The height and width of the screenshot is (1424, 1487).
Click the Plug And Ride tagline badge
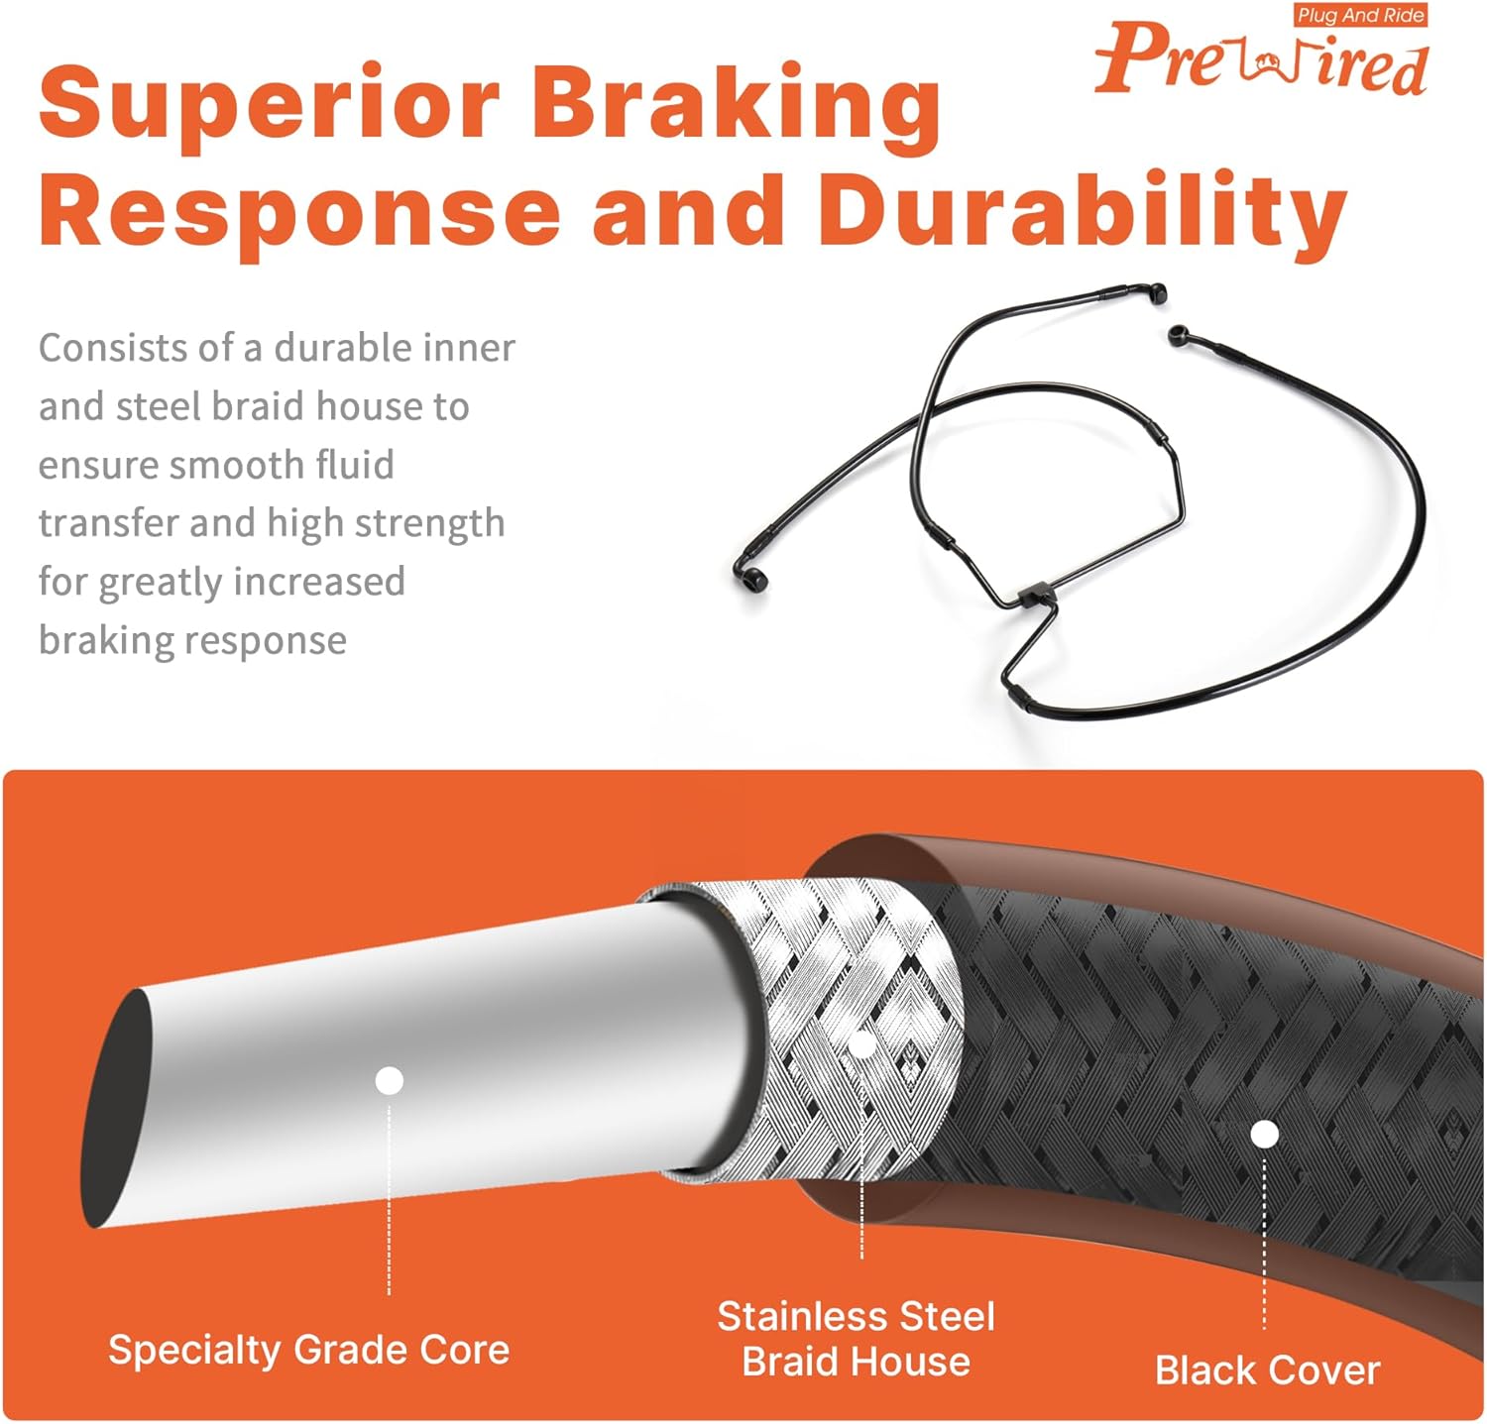coord(1360,15)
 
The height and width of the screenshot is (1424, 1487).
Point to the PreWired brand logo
coord(1261,60)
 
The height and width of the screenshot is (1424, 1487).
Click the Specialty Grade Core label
coord(308,1350)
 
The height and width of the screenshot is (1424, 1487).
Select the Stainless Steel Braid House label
coord(856,1339)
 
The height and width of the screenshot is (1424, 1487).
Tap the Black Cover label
coord(1267,1370)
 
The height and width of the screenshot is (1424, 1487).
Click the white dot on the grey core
coord(390,1080)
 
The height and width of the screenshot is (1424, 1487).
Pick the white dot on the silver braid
coord(862,1044)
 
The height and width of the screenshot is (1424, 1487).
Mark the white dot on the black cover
coord(1264,1134)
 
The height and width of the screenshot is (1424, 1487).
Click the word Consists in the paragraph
coord(102,348)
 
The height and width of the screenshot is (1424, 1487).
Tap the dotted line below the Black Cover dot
coord(1264,1239)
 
